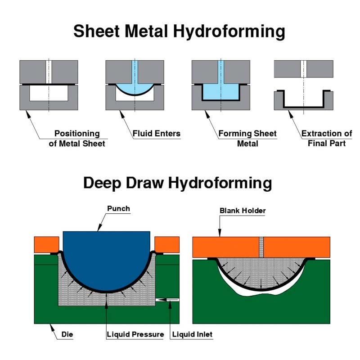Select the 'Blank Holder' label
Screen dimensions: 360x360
[243, 210]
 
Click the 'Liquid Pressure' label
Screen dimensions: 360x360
[135, 335]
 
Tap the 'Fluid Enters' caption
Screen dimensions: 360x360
[156, 134]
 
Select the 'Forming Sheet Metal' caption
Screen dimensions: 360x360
[247, 139]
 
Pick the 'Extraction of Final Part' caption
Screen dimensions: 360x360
[327, 139]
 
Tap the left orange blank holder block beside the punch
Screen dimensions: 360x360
[46, 244]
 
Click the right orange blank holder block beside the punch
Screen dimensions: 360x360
[166, 244]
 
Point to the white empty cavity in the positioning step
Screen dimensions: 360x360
[49, 94]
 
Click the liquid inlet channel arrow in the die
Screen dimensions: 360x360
[167, 300]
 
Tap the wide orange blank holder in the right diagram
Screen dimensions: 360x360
[297, 247]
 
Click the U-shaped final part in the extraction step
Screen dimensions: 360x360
[303, 107]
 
